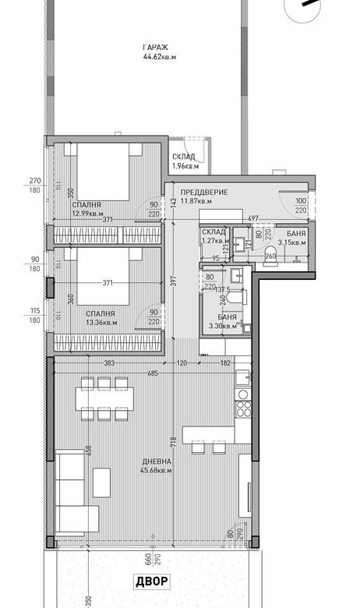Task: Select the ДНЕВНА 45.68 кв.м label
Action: [x=156, y=466]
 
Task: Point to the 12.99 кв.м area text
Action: [x=88, y=213]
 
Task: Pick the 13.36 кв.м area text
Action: [x=101, y=322]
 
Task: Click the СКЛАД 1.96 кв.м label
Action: [x=185, y=161]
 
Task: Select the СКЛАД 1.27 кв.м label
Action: [x=214, y=236]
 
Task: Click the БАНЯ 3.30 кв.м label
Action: [x=223, y=322]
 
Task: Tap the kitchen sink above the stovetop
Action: [x=242, y=375]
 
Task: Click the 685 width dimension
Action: [x=153, y=373]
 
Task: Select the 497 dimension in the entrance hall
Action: [x=252, y=219]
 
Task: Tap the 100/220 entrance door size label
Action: [x=302, y=206]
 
